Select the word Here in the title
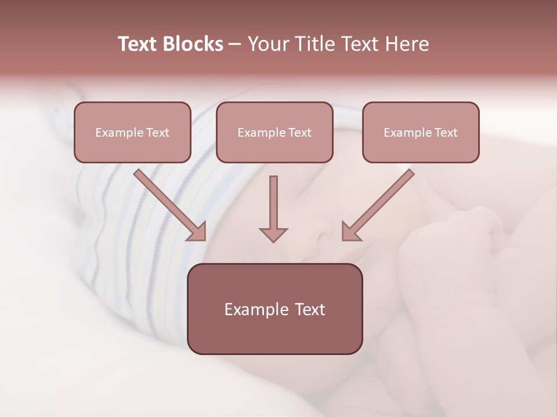pos(406,44)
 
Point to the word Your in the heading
pos(269,44)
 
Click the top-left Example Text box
pos(132,133)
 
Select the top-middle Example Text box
pos(274,133)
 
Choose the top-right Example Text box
pos(421,133)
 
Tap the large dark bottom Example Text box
pos(274,309)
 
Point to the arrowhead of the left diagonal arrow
pos(197,232)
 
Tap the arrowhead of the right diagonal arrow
pos(350,232)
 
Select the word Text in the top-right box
pos(446,133)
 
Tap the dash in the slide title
pos(235,45)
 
